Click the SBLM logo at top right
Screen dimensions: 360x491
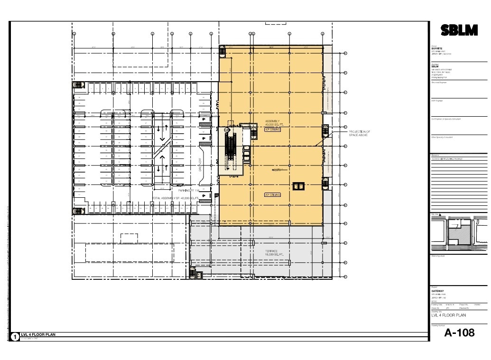459,30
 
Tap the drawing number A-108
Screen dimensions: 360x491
459,332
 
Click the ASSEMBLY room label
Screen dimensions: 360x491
272,121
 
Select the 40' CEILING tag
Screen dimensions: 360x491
272,129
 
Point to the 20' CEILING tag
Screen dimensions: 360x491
272,194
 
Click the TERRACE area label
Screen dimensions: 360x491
271,251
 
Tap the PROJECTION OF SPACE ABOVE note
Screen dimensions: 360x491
359,133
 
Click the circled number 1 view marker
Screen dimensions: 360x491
15,337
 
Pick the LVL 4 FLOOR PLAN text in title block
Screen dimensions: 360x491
448,315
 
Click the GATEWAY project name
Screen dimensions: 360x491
437,291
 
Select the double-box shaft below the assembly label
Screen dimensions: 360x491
298,186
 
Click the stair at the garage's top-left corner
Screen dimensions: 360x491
77,85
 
